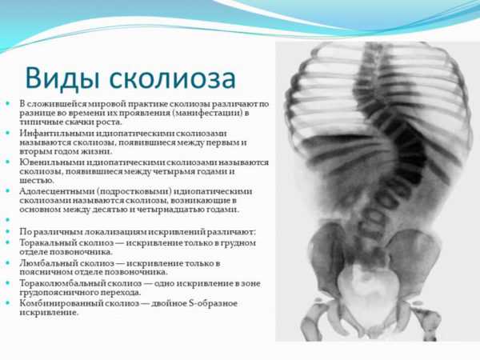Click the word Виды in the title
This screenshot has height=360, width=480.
tap(62, 78)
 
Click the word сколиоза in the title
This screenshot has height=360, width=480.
tap(173, 79)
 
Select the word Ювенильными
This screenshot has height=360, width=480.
tap(52, 162)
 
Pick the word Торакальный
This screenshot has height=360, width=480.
tap(48, 242)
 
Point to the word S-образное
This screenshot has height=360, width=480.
tap(212, 303)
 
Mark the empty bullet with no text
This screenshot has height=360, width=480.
tap(8, 220)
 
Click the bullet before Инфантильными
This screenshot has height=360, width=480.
tap(8, 133)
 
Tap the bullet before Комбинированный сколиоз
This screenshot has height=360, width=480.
tap(8, 302)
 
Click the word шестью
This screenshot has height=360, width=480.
tap(33, 181)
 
